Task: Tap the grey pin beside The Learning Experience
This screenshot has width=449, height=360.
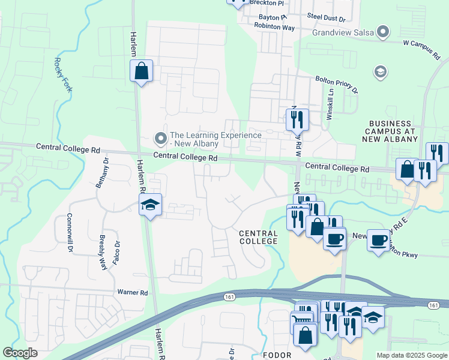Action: (160, 139)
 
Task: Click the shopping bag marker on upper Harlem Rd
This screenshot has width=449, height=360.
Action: (141, 71)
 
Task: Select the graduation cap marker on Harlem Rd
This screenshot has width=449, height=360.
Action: (150, 205)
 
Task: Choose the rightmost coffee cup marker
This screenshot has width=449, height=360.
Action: (378, 241)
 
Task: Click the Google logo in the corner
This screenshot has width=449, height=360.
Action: (20, 353)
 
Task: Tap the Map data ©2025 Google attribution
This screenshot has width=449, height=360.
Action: (411, 355)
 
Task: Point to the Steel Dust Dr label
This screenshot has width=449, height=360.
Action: (327, 19)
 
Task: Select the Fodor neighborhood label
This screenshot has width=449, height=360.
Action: (277, 355)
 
